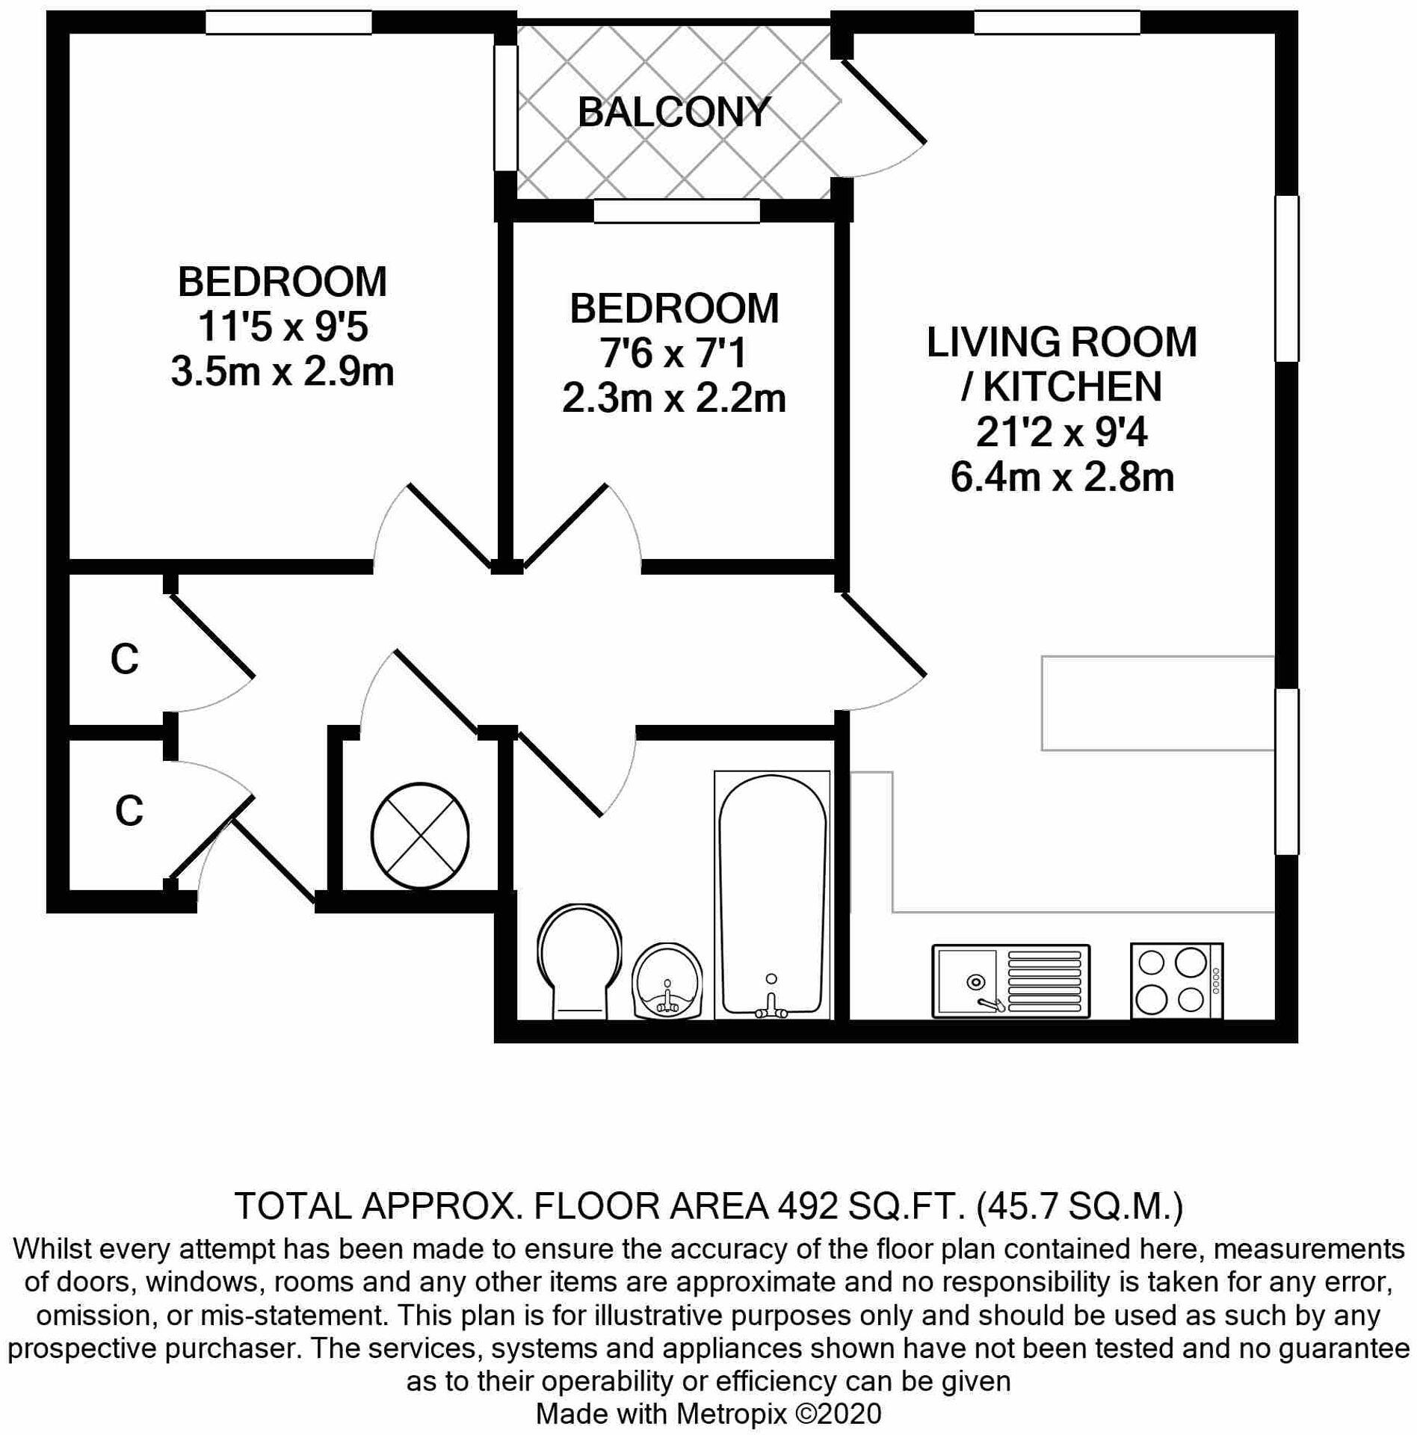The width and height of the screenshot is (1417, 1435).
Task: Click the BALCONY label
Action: [673, 113]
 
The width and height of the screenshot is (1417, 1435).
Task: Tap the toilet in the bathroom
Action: [578, 961]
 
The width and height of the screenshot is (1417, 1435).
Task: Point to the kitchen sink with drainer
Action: [1010, 981]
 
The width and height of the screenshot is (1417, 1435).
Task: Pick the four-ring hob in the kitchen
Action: [1176, 981]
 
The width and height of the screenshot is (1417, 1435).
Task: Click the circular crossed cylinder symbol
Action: [420, 836]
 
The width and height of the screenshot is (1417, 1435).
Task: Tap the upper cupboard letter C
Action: [124, 659]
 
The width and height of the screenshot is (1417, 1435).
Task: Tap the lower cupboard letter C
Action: [129, 810]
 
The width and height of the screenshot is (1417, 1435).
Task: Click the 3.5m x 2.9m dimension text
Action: [283, 371]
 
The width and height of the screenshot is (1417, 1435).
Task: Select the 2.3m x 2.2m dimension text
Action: [673, 398]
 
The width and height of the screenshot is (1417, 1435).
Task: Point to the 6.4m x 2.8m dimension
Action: [1061, 477]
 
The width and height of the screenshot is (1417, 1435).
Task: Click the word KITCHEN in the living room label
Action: [1072, 387]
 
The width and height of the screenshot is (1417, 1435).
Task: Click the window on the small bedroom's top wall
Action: [676, 212]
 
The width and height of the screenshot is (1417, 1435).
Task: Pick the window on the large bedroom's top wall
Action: [288, 22]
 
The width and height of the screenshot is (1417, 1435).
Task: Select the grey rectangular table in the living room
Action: [1157, 703]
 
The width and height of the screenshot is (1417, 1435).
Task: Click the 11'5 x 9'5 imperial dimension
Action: [283, 327]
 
